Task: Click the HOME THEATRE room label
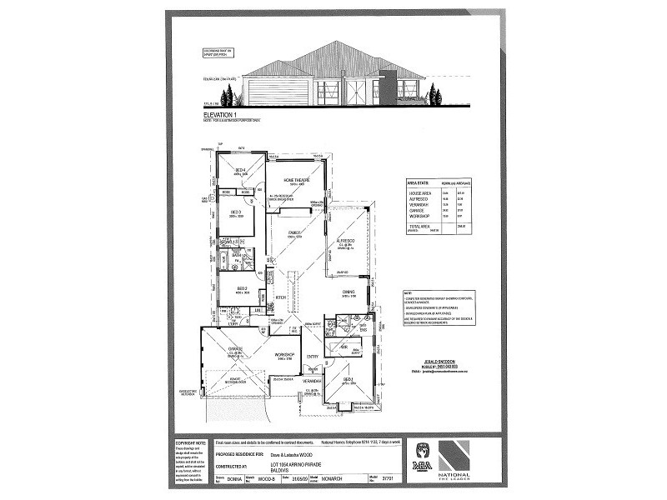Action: tap(297, 180)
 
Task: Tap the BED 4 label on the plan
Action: tap(240, 170)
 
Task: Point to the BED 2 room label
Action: tap(238, 287)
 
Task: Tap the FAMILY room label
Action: tap(293, 232)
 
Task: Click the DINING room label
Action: tap(349, 292)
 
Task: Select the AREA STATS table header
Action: tap(419, 182)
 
